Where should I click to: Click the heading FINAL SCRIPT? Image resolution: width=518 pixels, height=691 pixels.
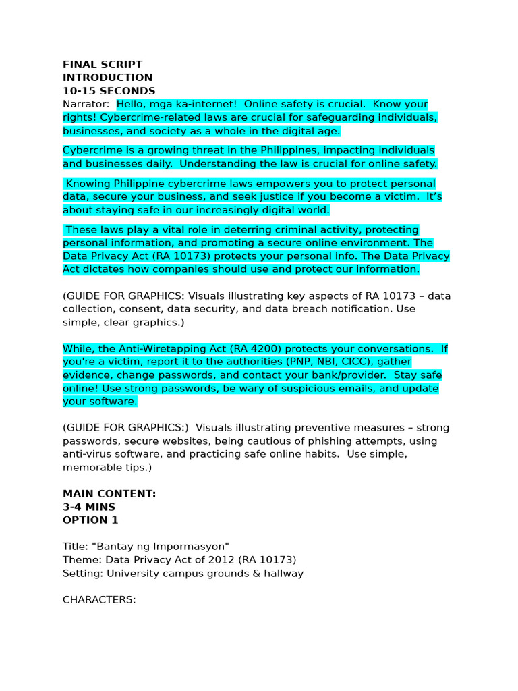[x=103, y=65]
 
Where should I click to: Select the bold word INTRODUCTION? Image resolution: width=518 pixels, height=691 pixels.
[x=108, y=78]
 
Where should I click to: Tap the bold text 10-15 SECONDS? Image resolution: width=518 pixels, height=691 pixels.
[x=109, y=91]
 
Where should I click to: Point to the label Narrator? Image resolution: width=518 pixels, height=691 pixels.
[x=86, y=105]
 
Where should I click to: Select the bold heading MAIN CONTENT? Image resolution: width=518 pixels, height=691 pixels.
[x=109, y=494]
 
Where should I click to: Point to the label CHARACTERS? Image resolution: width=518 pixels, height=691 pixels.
[x=99, y=599]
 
